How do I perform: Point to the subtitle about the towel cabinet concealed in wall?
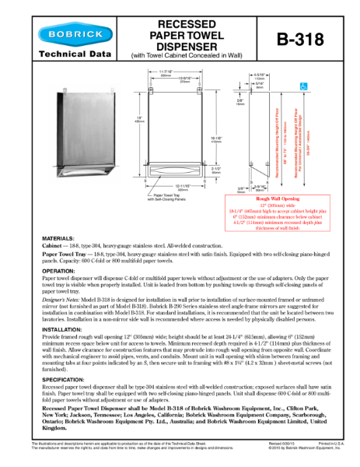180,55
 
